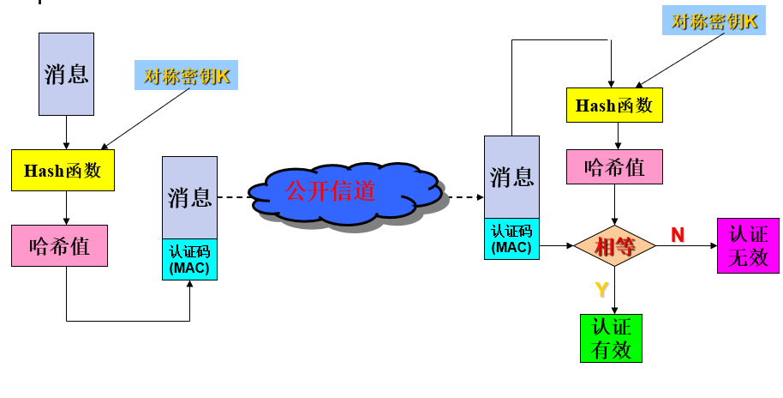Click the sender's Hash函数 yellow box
pos(63,170)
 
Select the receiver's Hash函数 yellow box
pos(614,105)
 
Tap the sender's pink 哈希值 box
pos(60,246)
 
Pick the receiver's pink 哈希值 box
pos(614,166)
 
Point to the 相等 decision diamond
pos(614,246)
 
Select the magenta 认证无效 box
pos(748,245)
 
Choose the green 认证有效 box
pos(611,338)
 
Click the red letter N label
pos(678,234)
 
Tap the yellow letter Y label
pos(601,290)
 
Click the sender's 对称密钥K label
pos(187,76)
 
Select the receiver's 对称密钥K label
pos(714,21)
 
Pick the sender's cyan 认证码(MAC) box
pos(189,260)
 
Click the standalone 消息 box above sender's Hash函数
pos(66,74)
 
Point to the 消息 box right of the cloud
pos(511,177)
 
